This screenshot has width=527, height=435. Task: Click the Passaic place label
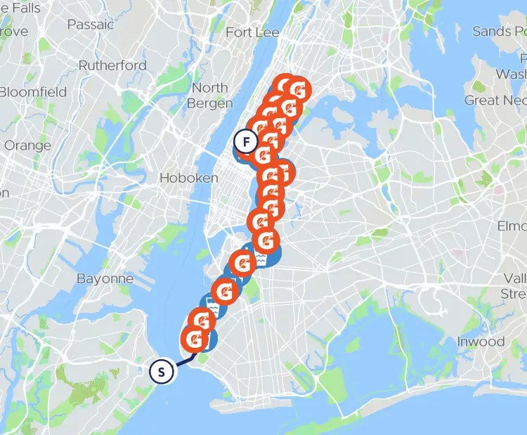click(91, 24)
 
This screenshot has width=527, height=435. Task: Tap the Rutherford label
click(112, 65)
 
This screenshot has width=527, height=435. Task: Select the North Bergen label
click(210, 96)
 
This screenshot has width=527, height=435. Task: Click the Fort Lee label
click(252, 32)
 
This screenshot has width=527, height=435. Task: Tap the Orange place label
click(27, 145)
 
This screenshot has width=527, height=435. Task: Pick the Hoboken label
click(189, 178)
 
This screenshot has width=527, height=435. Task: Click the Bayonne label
click(105, 278)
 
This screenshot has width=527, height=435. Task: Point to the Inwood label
click(481, 342)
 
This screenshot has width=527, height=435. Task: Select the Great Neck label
click(495, 100)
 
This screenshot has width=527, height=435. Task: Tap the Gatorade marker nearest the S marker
click(196, 339)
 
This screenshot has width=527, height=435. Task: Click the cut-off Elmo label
click(512, 226)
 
